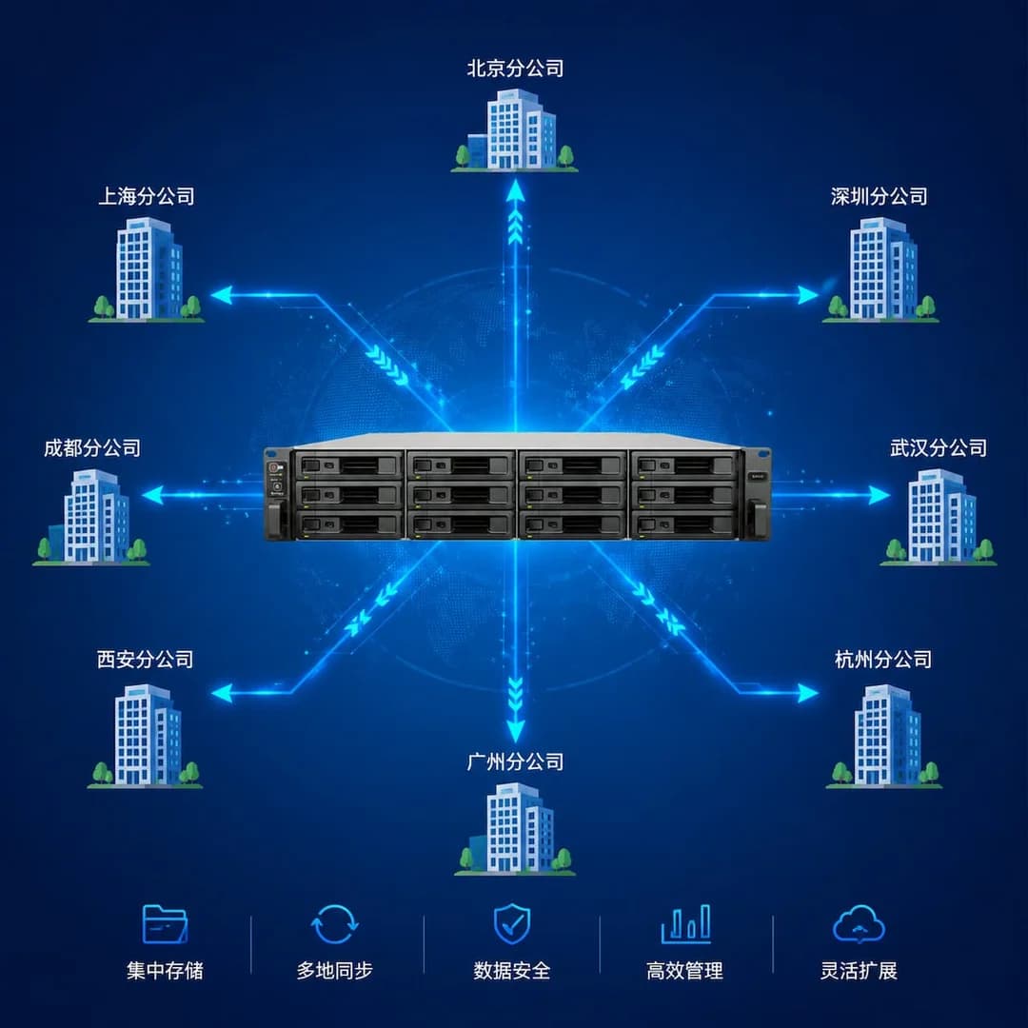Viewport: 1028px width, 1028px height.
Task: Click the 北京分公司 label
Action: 515,69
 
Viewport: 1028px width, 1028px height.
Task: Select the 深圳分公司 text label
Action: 880,196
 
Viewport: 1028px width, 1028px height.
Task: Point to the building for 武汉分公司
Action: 939,517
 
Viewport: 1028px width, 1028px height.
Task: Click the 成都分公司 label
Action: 92,447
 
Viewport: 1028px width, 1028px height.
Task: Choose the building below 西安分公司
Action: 145,736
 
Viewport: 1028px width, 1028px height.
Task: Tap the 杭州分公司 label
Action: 883,659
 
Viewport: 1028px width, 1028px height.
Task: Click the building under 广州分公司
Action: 515,829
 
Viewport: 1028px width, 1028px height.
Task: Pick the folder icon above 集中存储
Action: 165,923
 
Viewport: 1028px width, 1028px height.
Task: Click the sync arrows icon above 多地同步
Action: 334,923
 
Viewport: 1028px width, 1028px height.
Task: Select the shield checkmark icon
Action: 511,923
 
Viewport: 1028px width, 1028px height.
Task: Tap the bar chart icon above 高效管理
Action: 685,923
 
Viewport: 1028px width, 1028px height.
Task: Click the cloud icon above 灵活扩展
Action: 859,923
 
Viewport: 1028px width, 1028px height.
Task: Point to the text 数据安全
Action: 511,970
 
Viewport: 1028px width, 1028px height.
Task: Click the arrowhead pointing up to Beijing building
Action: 515,190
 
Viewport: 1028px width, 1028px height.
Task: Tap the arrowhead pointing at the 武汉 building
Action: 880,495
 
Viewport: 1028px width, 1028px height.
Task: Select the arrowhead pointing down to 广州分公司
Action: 515,731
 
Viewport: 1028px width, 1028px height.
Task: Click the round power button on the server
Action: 274,468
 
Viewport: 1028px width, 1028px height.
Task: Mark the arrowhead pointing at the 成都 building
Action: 153,495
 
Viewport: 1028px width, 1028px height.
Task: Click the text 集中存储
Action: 165,970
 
